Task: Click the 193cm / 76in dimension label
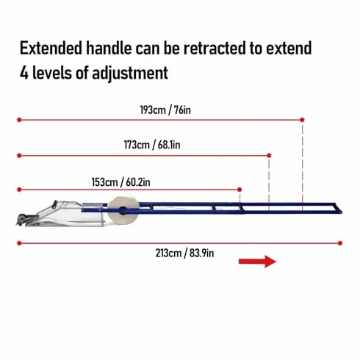click(165, 110)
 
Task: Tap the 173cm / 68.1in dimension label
click(152, 145)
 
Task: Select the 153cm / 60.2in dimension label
click(120, 182)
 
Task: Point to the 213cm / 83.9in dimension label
click(184, 253)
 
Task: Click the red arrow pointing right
click(257, 262)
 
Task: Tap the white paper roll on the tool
click(123, 210)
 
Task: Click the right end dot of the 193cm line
click(302, 120)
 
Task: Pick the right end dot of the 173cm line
click(269, 156)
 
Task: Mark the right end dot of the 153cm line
click(240, 190)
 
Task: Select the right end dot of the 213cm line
click(340, 243)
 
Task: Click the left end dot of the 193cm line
click(19, 120)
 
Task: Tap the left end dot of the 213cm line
click(19, 243)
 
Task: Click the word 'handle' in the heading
click(109, 48)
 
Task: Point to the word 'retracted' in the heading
click(215, 48)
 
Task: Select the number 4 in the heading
click(24, 73)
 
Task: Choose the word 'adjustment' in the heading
click(130, 73)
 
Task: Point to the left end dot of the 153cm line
click(19, 190)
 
